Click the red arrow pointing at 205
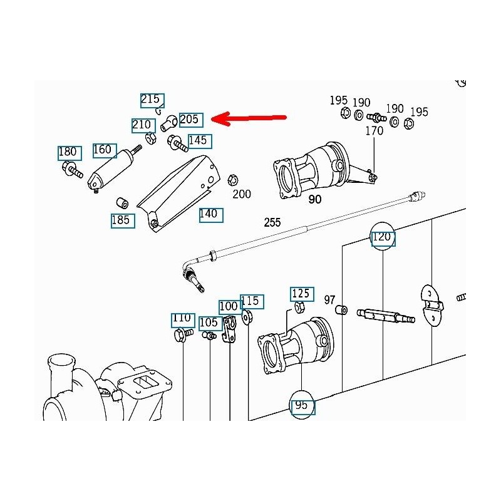click(x=250, y=118)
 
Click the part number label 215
click(x=151, y=99)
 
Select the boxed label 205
click(x=189, y=119)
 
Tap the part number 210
click(x=142, y=125)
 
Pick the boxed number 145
click(x=197, y=140)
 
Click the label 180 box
click(x=68, y=152)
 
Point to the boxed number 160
click(x=102, y=149)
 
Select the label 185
click(x=121, y=220)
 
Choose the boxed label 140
click(x=209, y=214)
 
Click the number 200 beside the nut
click(x=242, y=194)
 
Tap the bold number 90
click(x=314, y=200)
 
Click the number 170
click(x=374, y=132)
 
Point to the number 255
click(x=272, y=222)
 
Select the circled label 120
click(x=382, y=237)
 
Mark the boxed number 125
click(x=301, y=293)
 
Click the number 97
click(x=330, y=300)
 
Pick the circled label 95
click(x=301, y=405)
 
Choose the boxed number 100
click(x=229, y=306)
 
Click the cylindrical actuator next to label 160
click(x=111, y=169)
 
